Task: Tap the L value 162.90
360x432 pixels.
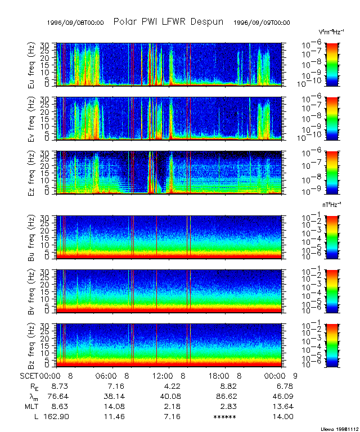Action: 56,416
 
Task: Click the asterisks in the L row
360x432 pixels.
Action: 225,417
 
